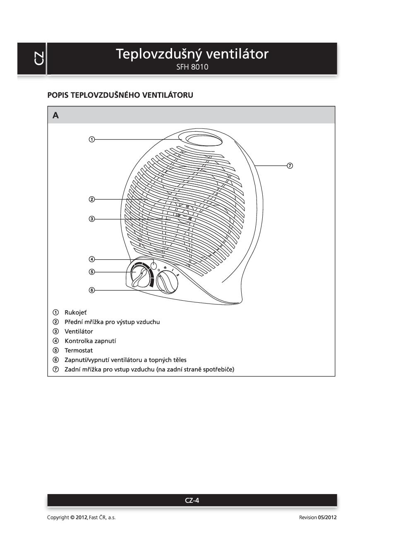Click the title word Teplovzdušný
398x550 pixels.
(159, 54)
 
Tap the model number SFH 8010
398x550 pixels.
(192, 67)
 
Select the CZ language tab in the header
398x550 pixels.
(38, 58)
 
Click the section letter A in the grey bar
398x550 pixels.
(56, 116)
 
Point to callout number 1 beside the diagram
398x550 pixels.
(92, 139)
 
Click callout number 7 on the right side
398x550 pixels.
(290, 166)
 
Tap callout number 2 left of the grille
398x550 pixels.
(92, 200)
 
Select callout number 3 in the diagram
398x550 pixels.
(92, 219)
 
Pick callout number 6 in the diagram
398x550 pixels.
(92, 290)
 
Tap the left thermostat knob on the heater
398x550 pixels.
(140, 276)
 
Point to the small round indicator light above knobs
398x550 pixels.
(154, 265)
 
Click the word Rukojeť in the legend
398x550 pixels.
(75, 312)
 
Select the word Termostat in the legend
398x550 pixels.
(79, 350)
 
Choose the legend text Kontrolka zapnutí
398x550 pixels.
(90, 341)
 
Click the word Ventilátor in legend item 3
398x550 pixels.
(79, 331)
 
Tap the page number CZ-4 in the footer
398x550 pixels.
(192, 500)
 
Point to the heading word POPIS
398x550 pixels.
(58, 95)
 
